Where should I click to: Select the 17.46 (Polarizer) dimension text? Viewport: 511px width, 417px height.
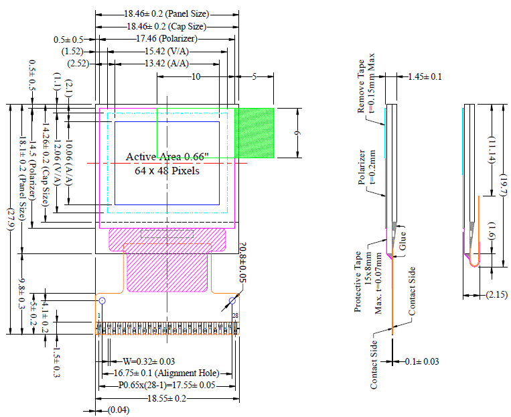click(x=166, y=39)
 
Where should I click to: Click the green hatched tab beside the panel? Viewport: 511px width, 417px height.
click(x=254, y=133)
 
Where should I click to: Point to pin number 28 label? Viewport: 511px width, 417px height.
click(x=234, y=315)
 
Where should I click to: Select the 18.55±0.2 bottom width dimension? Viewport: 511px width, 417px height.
click(x=167, y=398)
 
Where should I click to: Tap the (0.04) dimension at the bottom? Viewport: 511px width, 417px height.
click(x=119, y=410)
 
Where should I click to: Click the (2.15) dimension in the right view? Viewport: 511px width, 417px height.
click(x=496, y=294)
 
